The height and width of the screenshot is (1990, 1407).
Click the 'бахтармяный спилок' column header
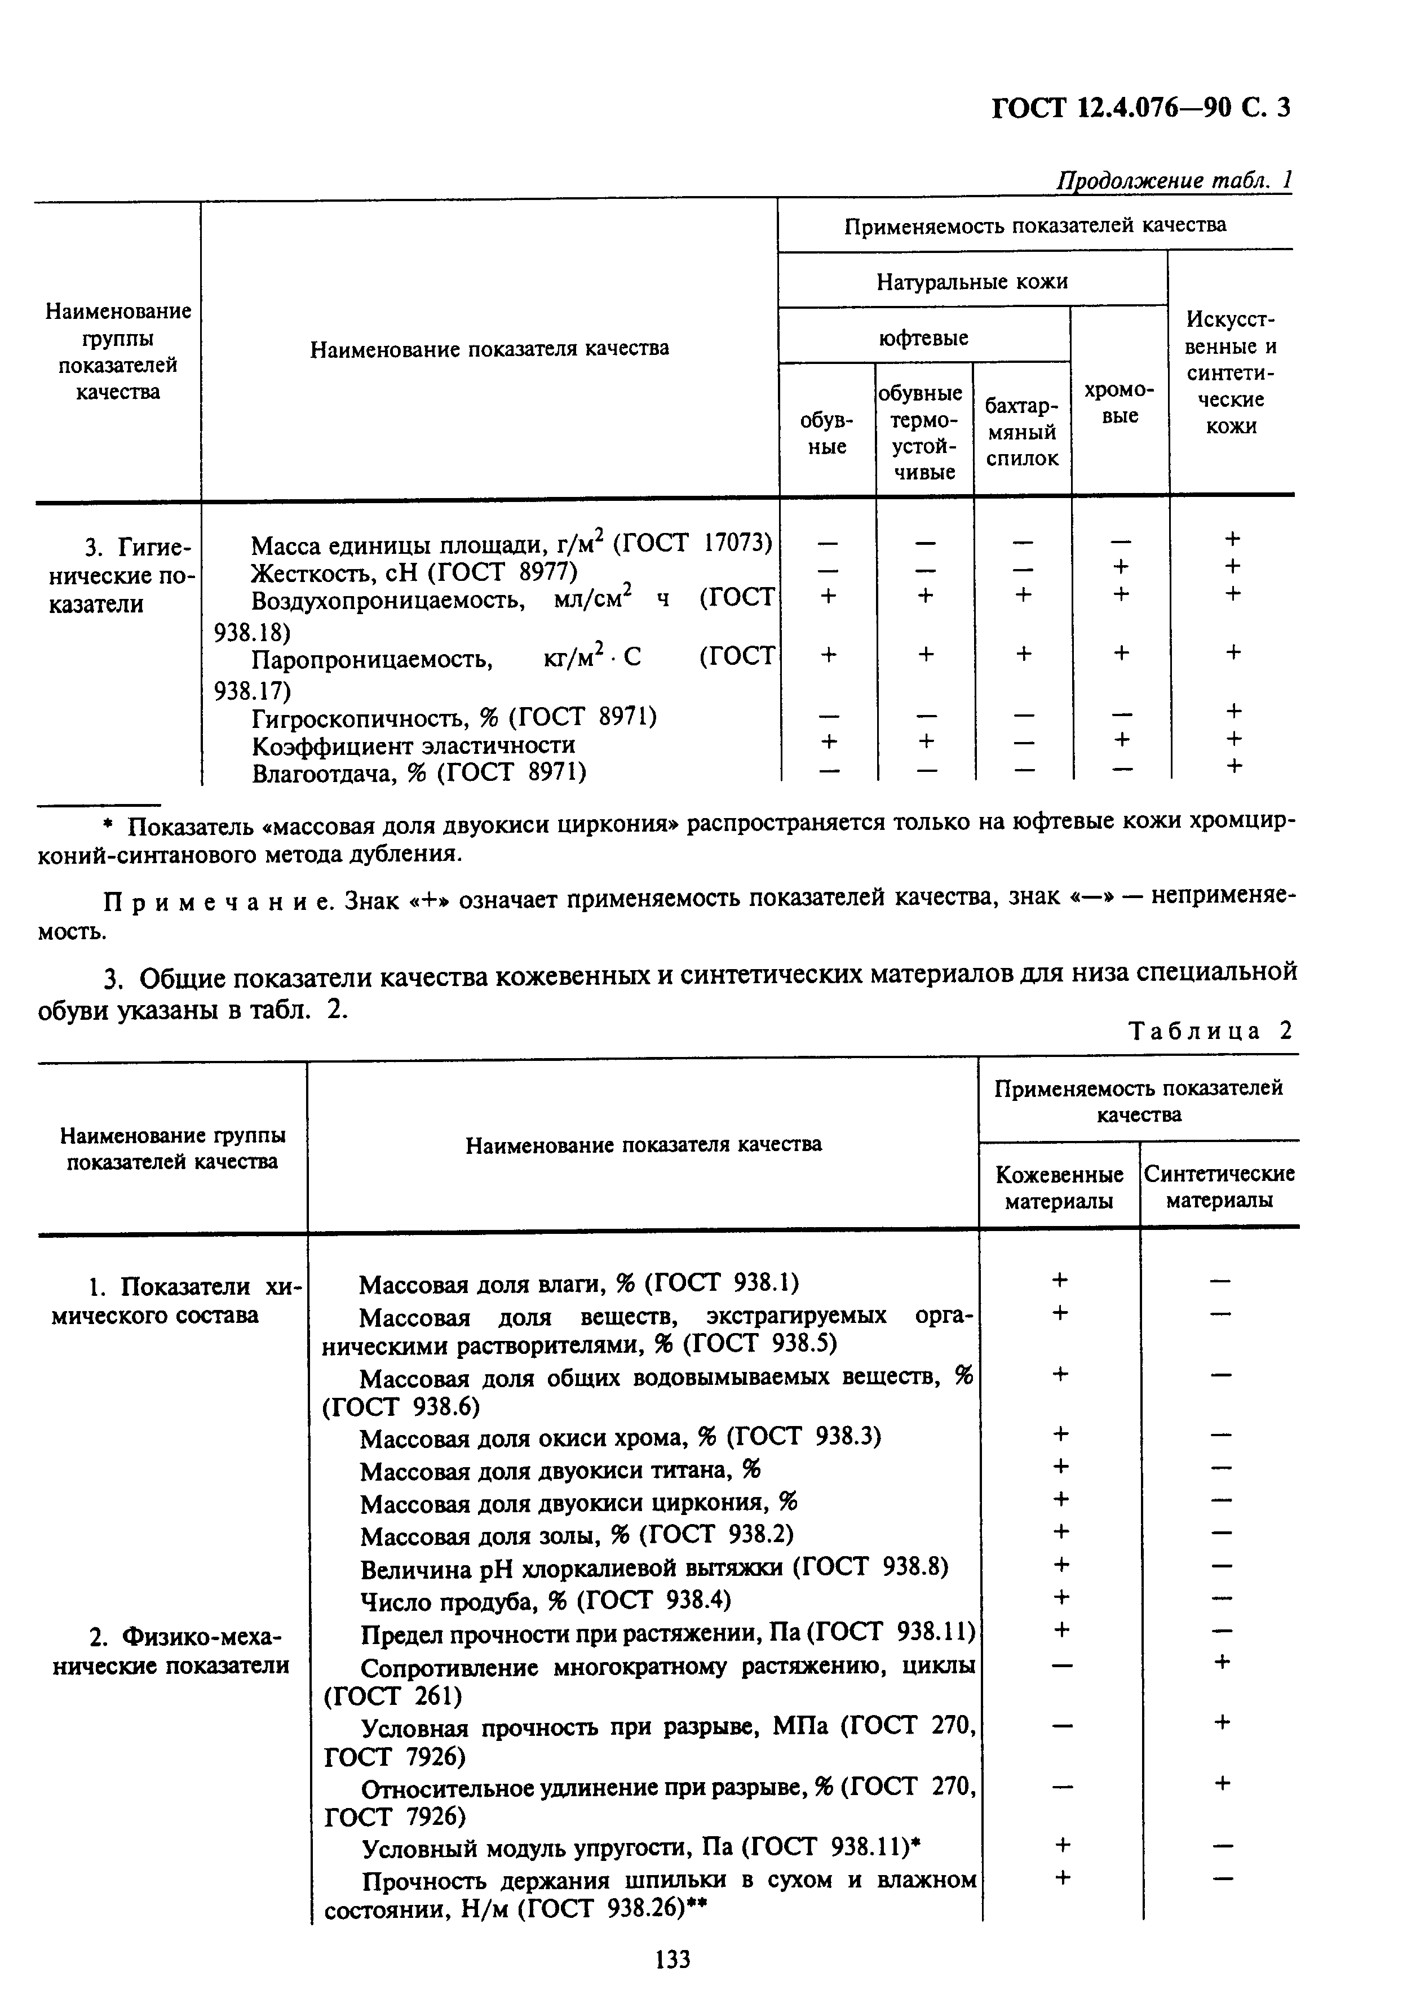tap(1022, 433)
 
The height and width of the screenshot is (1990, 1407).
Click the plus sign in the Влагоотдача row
tap(1233, 766)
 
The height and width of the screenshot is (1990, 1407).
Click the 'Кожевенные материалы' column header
tap(1059, 1188)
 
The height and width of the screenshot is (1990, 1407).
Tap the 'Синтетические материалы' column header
tap(1219, 1188)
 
